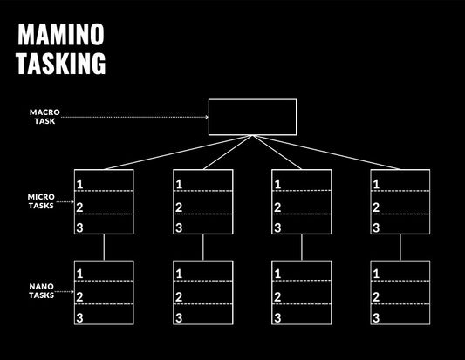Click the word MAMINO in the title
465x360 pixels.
click(61, 35)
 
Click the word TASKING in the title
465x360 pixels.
click(61, 63)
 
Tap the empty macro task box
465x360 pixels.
click(252, 117)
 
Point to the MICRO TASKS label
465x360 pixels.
click(41, 201)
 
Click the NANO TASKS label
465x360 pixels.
click(41, 290)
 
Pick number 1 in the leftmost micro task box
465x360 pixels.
click(80, 184)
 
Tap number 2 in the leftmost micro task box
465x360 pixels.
click(80, 207)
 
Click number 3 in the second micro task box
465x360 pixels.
click(179, 228)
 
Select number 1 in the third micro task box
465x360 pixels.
click(277, 184)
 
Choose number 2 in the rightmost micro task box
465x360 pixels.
click(376, 207)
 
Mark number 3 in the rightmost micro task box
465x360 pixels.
click(376, 228)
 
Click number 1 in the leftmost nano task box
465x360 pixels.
click(80, 274)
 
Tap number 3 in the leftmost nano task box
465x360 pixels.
click(80, 318)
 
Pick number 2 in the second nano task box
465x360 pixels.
click(179, 296)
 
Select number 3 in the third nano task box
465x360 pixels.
click(277, 318)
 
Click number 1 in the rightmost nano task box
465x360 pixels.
click(376, 274)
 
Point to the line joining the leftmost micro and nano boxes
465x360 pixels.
click(105, 248)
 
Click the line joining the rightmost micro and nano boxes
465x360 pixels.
click(400, 248)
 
